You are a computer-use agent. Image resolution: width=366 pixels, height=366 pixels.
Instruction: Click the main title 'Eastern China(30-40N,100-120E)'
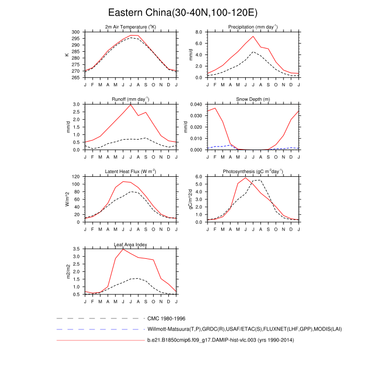pos(183,12)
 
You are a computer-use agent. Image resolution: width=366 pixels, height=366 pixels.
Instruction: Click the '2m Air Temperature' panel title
pos(130,27)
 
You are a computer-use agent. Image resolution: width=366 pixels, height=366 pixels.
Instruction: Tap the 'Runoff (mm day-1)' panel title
pos(130,99)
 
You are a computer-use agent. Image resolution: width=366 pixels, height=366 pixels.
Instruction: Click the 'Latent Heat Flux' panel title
pos(130,171)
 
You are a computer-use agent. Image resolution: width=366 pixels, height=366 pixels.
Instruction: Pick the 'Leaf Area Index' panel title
pos(130,244)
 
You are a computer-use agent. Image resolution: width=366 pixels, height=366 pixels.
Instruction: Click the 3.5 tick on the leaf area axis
pos(77,249)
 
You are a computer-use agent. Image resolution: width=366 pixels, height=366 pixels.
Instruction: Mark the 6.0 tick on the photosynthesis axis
pos(200,177)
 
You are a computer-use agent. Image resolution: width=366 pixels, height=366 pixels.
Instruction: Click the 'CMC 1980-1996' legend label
pos(167,318)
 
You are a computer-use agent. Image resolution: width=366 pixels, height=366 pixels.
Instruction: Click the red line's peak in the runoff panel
pos(130,105)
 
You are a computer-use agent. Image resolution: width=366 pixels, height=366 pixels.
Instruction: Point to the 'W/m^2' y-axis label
pos(67,199)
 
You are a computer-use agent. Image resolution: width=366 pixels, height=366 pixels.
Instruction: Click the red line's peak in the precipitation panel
pos(253,36)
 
